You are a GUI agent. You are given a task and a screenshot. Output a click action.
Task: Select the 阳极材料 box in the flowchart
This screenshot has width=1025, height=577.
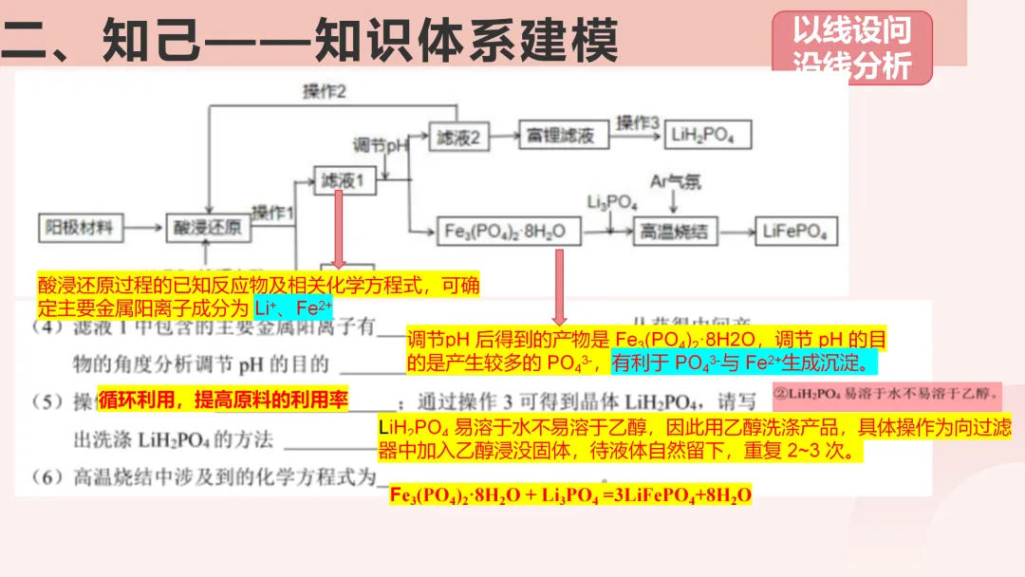point(80,228)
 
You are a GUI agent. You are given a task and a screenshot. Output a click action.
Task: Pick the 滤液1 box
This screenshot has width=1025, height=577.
point(343,180)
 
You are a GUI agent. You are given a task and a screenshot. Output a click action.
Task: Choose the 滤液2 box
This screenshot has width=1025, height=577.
point(458,137)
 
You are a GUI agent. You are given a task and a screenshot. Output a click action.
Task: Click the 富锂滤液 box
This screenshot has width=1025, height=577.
point(561,136)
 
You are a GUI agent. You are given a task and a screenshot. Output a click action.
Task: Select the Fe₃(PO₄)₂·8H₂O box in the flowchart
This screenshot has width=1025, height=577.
point(506,231)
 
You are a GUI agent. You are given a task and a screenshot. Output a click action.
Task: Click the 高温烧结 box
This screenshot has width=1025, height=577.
point(675,231)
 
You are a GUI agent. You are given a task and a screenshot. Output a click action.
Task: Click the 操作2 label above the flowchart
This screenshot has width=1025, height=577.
point(325,92)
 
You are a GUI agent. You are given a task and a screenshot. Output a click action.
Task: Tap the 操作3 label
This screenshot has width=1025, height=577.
point(637,122)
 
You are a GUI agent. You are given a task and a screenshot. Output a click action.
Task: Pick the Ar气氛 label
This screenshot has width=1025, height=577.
point(676,181)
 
